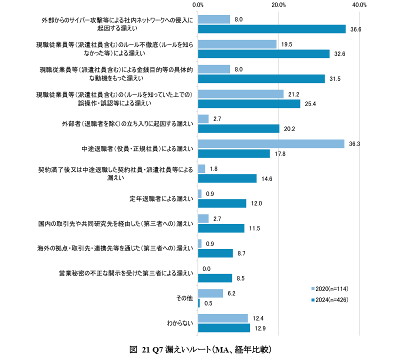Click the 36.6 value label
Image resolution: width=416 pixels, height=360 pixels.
click(356, 29)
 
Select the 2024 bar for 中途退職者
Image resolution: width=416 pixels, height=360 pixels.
click(233, 153)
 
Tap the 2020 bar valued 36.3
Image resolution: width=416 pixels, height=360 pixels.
click(271, 143)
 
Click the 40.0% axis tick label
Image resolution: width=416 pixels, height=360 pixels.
click(359, 5)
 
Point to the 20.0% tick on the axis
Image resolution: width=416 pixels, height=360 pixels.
click(278, 5)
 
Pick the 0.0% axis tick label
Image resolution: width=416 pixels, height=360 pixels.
click(197, 5)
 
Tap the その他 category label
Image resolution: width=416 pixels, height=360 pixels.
click(185, 298)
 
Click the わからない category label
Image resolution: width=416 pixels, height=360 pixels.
click(179, 323)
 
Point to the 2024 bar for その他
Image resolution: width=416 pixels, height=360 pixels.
click(199, 303)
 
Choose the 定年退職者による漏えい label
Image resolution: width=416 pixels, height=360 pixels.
click(161, 198)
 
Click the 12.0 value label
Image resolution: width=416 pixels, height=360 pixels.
click(256, 203)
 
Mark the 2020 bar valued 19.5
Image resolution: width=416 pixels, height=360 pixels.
click(237, 44)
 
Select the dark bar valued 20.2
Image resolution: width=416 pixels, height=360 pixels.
click(238, 128)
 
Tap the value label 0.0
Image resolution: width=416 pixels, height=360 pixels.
click(206, 268)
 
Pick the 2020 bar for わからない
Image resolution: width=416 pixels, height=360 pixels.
click(222, 318)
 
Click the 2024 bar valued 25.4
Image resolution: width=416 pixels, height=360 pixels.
click(249, 103)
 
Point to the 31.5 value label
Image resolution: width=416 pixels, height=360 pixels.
click(335, 79)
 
